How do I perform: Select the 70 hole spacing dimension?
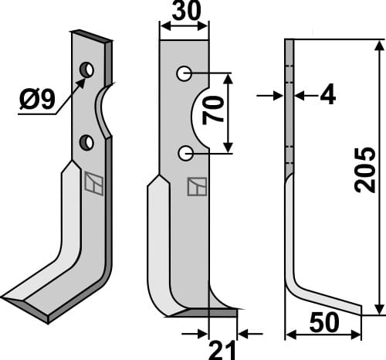215,112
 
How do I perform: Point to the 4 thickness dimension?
327,95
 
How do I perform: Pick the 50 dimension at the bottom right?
323,322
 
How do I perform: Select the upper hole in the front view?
184,74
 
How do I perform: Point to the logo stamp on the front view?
195,188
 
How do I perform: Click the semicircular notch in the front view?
199,114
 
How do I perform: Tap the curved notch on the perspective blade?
102,110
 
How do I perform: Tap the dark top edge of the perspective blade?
91,36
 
